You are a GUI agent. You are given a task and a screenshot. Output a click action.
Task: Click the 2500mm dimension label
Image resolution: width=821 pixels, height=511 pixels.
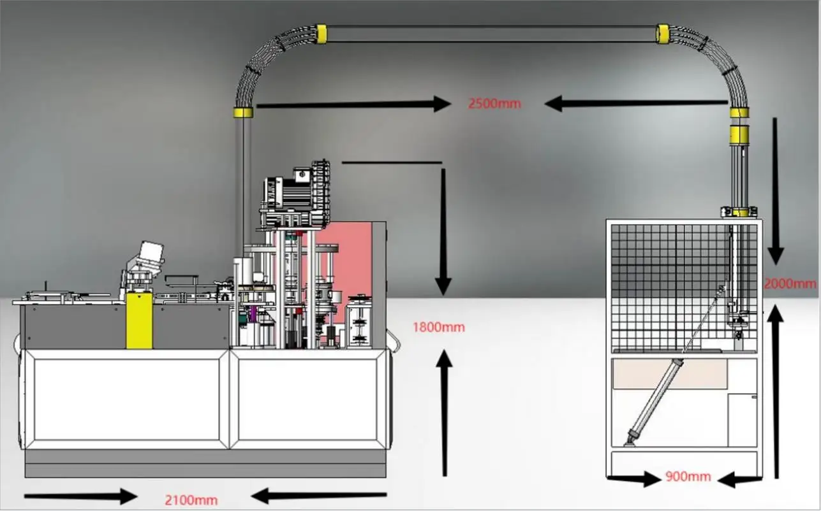point(494,103)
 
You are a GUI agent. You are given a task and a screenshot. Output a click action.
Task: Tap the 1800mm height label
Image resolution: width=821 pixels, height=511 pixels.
point(439,327)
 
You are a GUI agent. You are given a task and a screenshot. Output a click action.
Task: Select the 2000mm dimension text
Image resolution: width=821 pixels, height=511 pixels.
point(790,284)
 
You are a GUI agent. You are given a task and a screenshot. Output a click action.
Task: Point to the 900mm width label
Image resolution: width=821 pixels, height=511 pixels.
point(688,476)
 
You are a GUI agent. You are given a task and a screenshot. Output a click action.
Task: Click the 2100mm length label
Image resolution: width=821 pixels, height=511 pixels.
point(191,500)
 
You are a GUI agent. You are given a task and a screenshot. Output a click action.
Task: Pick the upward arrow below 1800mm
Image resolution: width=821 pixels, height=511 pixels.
point(445,414)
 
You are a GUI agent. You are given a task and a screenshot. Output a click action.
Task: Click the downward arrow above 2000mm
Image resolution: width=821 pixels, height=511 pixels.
point(776,191)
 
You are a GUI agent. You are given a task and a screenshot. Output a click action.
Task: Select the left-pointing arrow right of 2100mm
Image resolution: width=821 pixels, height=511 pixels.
point(319,494)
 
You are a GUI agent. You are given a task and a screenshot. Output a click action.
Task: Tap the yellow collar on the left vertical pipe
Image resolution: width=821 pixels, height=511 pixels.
point(243,113)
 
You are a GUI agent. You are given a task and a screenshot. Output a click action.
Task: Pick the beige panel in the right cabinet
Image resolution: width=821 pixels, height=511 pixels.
point(670,373)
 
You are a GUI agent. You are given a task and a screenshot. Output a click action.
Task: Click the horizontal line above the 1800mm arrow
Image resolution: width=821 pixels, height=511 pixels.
point(392,162)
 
